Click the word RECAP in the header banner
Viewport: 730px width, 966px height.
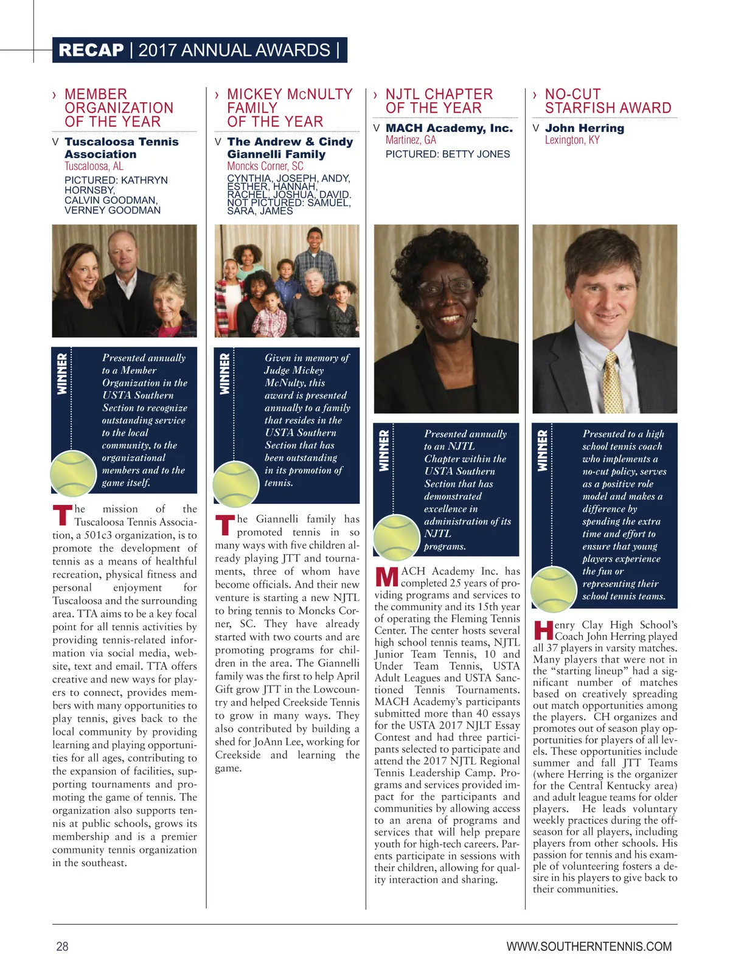91,50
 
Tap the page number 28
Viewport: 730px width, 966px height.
62,946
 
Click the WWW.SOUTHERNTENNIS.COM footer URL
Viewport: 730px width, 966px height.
588,946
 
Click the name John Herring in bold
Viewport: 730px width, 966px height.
584,128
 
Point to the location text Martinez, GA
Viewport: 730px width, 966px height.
411,141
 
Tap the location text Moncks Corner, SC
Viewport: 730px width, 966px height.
265,166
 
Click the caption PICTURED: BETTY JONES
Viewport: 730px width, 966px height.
447,155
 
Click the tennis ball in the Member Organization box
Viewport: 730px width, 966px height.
73,473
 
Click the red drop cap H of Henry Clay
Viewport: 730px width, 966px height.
543,630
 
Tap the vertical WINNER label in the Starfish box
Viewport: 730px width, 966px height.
542,450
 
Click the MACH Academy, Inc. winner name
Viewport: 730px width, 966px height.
449,128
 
